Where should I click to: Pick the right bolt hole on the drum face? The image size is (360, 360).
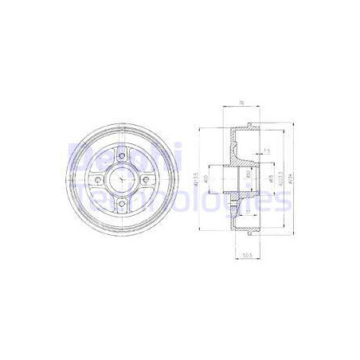(x=147, y=180)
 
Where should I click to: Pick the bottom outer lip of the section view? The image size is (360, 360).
(x=252, y=236)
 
